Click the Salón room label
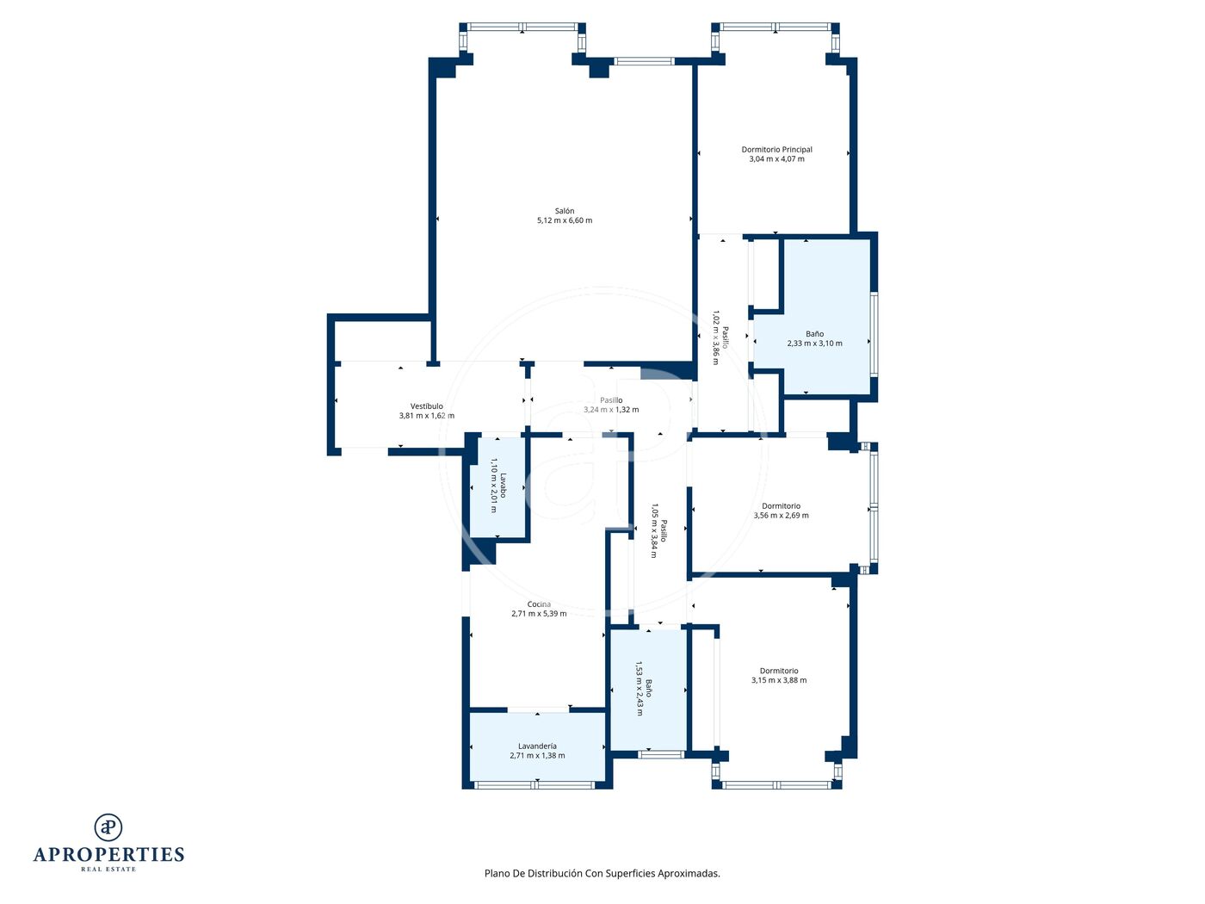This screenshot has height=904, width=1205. pos(564,211)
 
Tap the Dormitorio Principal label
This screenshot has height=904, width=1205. pos(776,149)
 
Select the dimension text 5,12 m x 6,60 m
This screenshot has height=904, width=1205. pos(564,220)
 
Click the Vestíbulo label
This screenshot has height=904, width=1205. pos(426,406)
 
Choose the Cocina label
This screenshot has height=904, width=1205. pos(539,604)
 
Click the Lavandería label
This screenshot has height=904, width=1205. pos(537,746)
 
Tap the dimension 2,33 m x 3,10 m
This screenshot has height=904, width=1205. pos(814,344)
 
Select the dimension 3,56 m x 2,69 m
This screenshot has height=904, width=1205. pos(781,516)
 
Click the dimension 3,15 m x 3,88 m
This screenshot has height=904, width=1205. pos(778,680)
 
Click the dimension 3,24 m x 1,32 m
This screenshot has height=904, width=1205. pos(610,410)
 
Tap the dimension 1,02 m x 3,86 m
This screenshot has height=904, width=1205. pos(715,337)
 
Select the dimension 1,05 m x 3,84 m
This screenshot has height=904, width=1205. pos(654,530)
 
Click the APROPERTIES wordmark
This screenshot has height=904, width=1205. pos(108,855)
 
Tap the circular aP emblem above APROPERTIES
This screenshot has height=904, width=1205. pos(108,827)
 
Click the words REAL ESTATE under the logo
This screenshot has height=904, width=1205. pos(108,869)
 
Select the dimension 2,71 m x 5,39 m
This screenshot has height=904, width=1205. pos(539,614)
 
